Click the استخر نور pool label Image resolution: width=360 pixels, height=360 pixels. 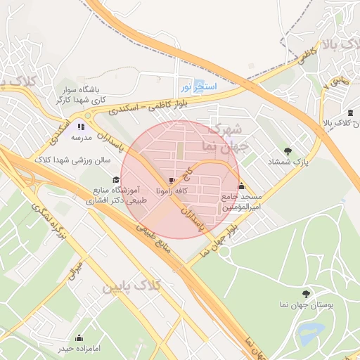click(x=199, y=86)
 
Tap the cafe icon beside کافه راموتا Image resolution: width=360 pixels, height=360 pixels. click(x=173, y=180)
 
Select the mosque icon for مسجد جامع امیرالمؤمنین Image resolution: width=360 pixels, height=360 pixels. click(x=242, y=186)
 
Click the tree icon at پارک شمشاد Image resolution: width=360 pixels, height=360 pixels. click(x=287, y=150)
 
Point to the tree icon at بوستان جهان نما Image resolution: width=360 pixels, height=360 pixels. click(x=305, y=293)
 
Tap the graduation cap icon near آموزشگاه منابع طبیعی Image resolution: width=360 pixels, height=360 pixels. click(x=116, y=179)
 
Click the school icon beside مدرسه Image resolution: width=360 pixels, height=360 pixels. click(x=81, y=127)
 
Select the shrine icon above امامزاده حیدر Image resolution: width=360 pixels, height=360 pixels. click(x=79, y=337)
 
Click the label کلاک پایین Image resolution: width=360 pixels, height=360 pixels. click(x=131, y=286)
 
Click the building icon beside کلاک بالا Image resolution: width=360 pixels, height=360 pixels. click(x=350, y=112)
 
